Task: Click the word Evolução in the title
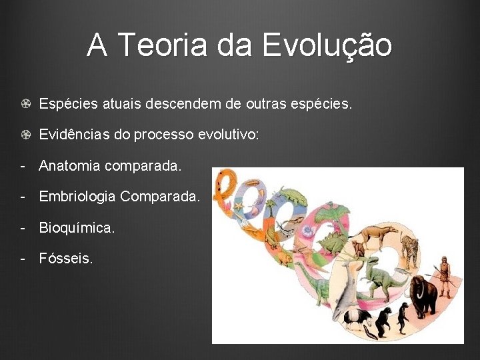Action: coord(327,45)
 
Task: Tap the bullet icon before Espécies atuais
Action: coord(24,105)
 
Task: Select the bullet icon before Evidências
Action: coord(24,135)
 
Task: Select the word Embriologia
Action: coord(77,197)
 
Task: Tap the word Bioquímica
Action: coord(77,227)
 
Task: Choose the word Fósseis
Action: coord(65,258)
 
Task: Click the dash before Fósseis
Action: coord(23,258)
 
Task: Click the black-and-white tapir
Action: coord(360,321)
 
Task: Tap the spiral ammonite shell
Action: coord(308,231)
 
